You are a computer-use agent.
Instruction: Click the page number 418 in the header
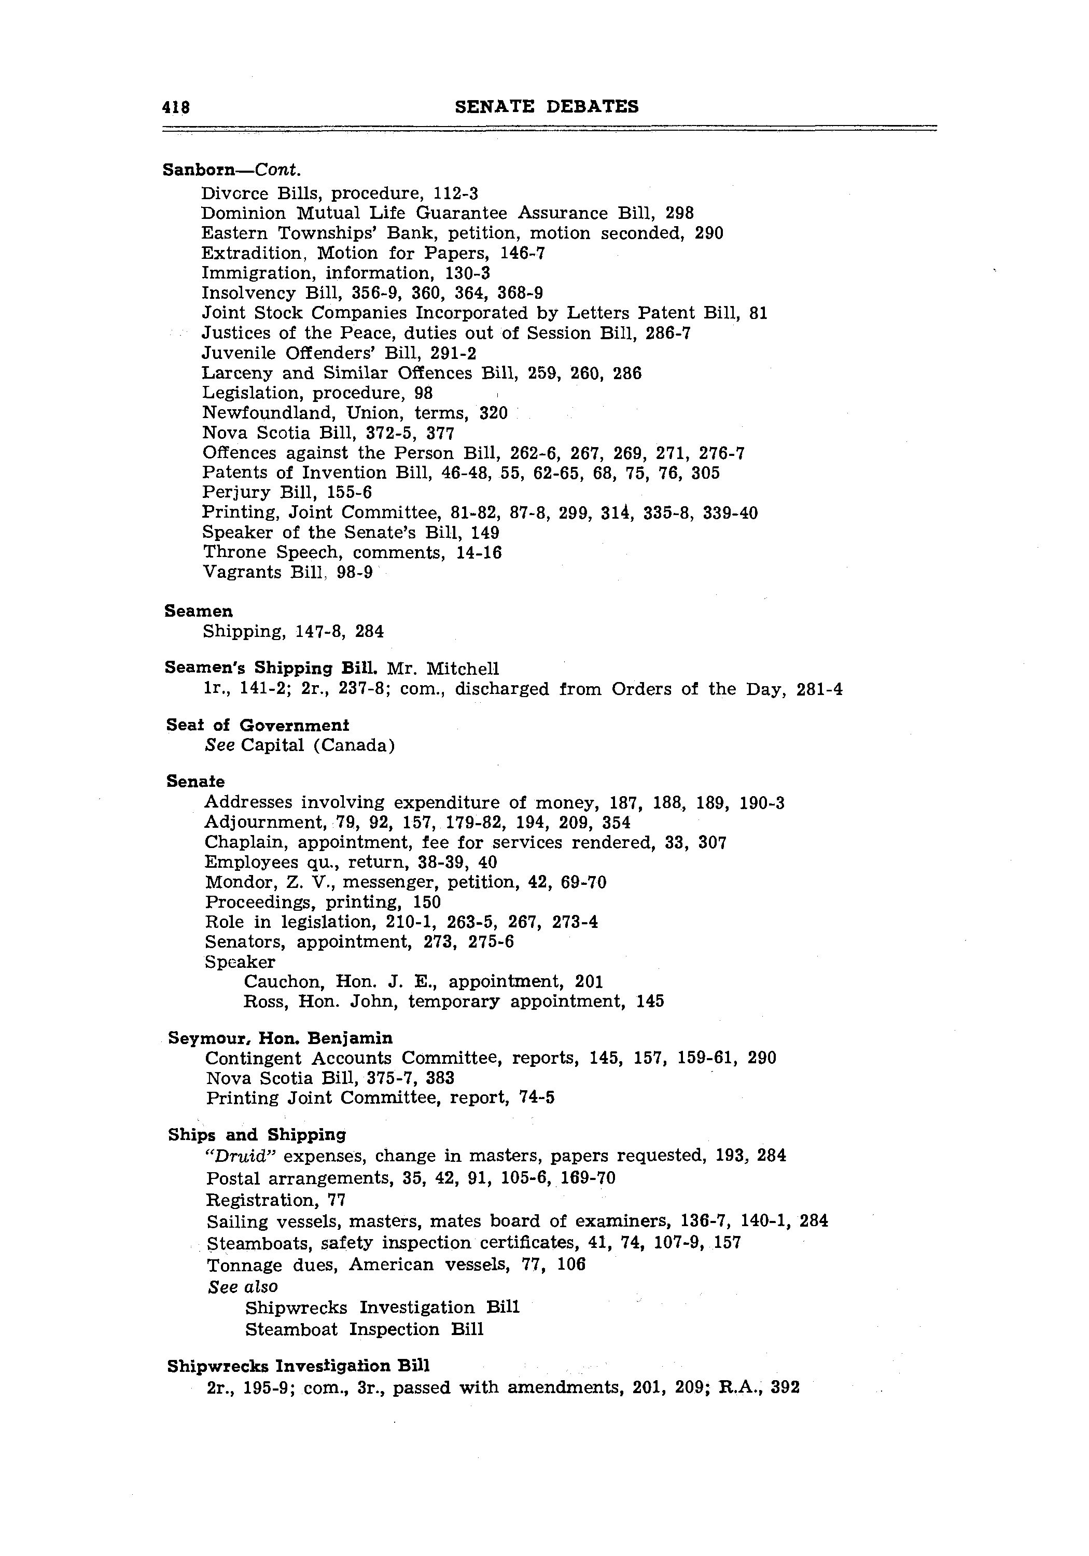click(175, 107)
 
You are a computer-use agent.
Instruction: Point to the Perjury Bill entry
click(287, 493)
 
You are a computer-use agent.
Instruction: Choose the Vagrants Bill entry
click(287, 573)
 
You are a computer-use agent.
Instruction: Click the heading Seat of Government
click(258, 725)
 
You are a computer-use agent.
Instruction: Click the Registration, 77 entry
click(276, 1200)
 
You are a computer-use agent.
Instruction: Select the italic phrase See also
click(243, 1286)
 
